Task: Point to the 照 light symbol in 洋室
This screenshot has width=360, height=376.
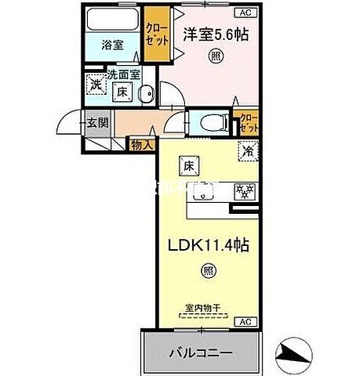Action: (213, 57)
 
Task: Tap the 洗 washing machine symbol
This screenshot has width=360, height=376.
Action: (94, 83)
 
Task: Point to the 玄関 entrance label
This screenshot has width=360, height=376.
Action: (98, 121)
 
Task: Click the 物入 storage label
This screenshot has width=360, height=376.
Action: (141, 145)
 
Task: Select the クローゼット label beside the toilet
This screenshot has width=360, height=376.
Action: (248, 122)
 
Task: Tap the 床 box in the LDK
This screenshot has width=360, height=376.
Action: (189, 165)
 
